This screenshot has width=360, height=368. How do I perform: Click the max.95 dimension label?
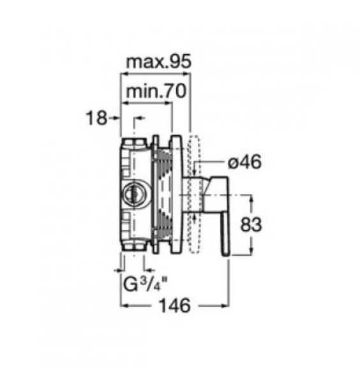(159, 62)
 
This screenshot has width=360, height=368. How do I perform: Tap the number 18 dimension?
(96, 118)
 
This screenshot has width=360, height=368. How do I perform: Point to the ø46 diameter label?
(244, 162)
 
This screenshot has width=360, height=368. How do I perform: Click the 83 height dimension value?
(251, 224)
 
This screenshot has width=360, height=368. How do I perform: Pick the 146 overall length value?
(175, 305)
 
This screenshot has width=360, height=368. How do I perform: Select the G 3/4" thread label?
(145, 284)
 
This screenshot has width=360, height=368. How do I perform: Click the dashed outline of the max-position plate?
(194, 195)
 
